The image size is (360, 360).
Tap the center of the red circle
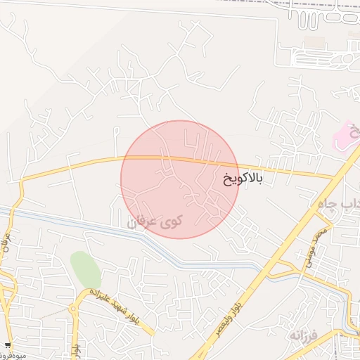(x=180, y=179)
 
